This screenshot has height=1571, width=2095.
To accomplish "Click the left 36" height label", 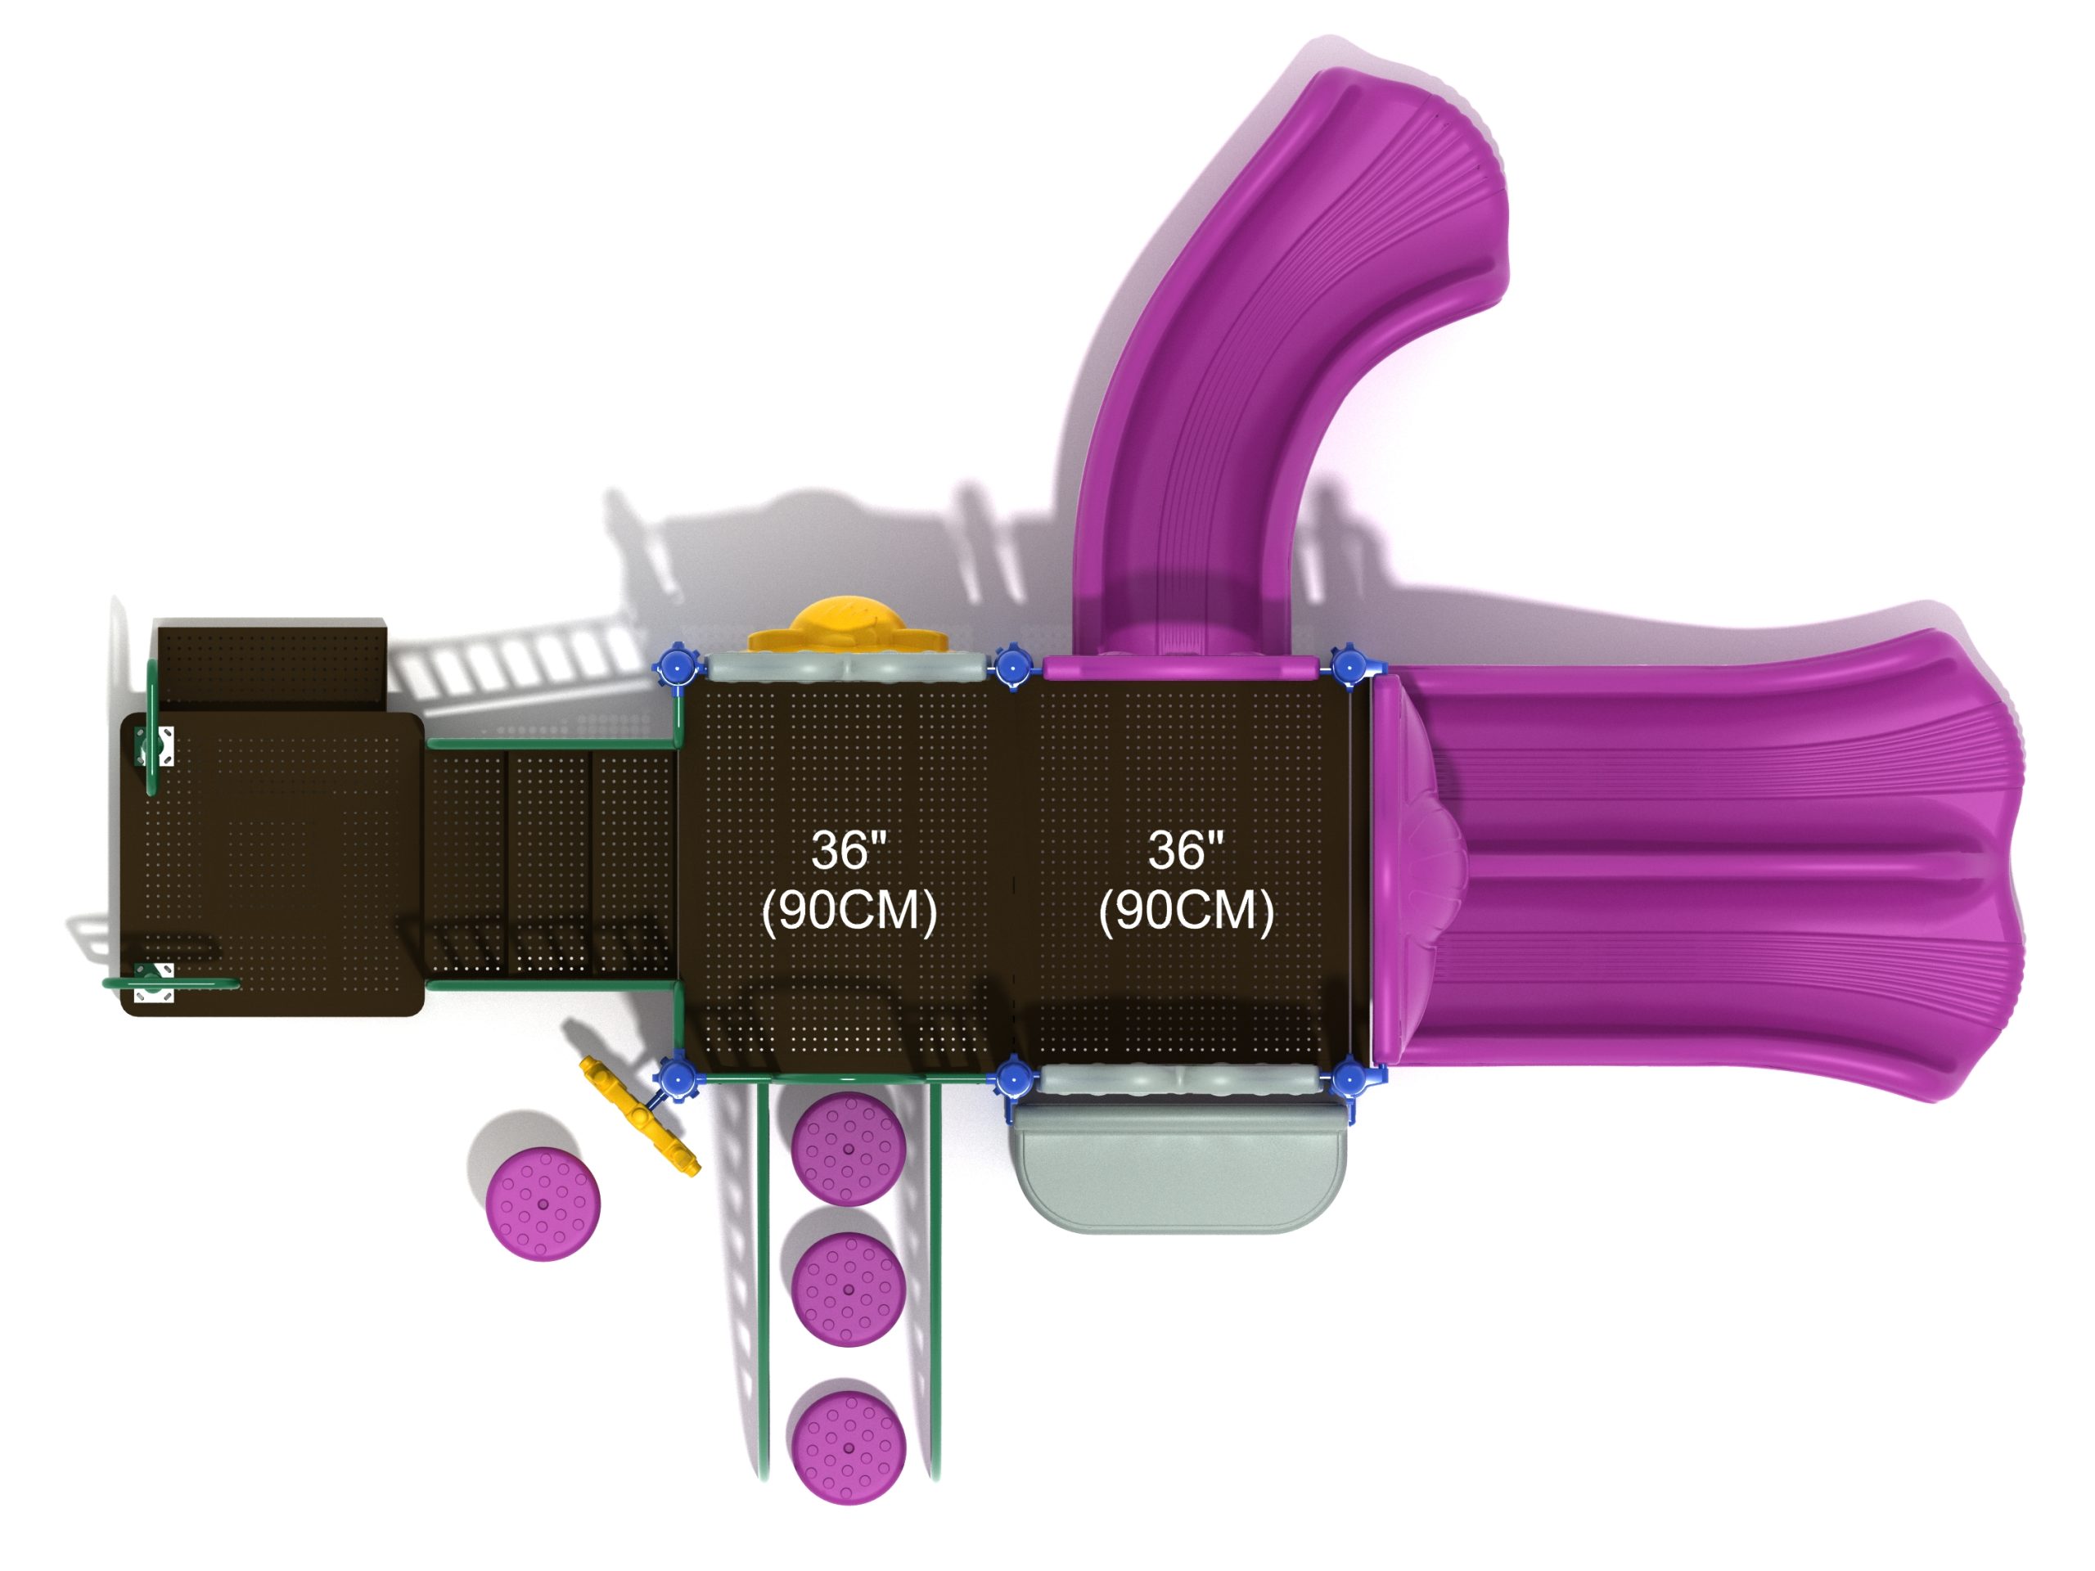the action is [x=849, y=849].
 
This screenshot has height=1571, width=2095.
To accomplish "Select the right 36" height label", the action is [x=1186, y=849].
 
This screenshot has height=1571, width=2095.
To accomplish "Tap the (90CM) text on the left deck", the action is [x=849, y=911].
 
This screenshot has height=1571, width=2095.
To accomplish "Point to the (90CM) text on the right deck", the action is [x=1187, y=911].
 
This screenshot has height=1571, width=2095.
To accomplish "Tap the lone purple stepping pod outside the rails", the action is [x=543, y=1204].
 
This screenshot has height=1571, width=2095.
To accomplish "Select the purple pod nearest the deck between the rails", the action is [x=848, y=1149].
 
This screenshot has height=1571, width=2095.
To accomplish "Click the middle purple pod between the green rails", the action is [x=849, y=1289].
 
